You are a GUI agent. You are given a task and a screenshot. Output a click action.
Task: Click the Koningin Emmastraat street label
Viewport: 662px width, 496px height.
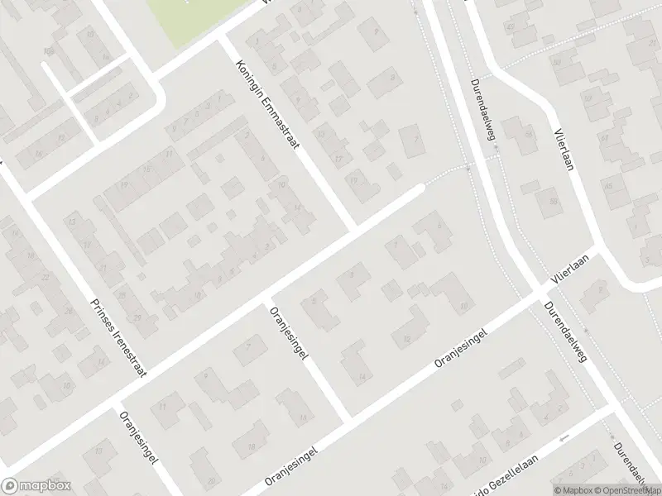click(266, 104)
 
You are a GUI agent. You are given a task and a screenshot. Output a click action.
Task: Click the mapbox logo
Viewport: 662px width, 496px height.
click(35, 485)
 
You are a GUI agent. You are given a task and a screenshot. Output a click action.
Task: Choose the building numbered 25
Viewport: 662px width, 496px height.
click(122, 293)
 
